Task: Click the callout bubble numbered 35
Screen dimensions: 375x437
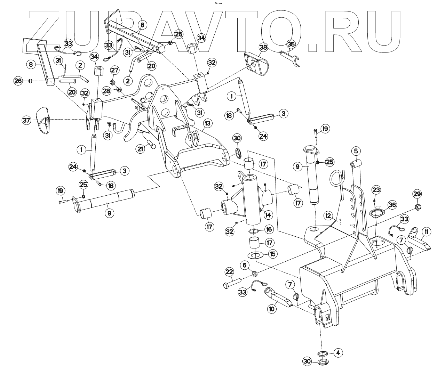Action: point(291,44)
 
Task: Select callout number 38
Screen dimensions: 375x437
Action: point(263,47)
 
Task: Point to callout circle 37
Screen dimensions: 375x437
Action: point(26,120)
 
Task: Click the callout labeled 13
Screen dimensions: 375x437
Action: point(207,123)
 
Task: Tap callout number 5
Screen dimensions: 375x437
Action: point(356,151)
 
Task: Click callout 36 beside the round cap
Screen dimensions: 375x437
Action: point(392,205)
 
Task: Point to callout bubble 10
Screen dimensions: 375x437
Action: point(272,308)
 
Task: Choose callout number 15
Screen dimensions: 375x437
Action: point(272,254)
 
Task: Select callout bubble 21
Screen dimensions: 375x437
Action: point(141,149)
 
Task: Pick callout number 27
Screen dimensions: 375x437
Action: point(115,70)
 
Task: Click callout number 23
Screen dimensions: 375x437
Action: point(376,190)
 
